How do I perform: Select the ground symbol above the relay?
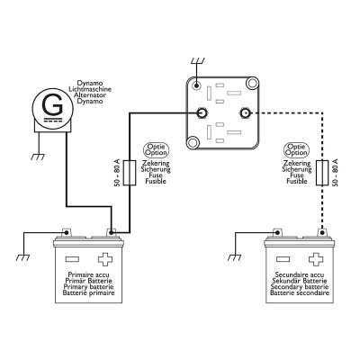(x=195, y=62)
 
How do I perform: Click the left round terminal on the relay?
(x=202, y=113)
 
